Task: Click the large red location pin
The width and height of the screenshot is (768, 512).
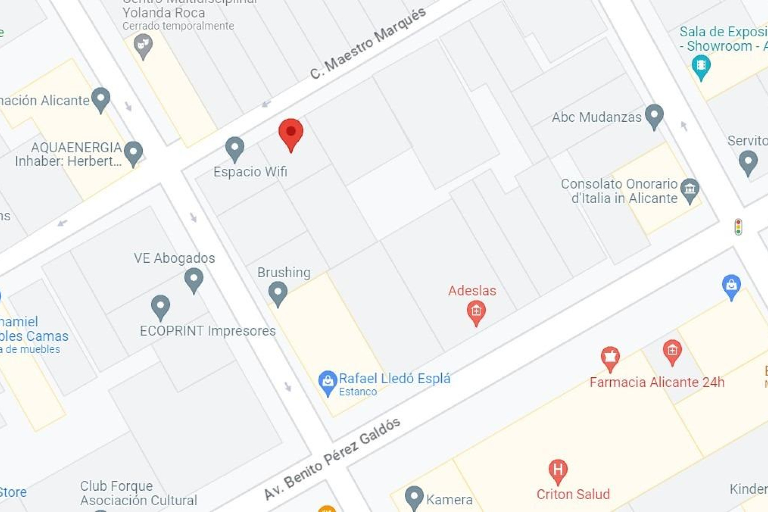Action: (x=291, y=133)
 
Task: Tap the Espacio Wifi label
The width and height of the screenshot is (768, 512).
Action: (x=250, y=172)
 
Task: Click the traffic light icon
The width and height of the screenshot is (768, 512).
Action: (x=738, y=227)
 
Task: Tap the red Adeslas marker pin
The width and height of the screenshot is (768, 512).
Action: (x=476, y=312)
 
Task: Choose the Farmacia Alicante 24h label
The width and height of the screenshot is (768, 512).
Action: (x=657, y=382)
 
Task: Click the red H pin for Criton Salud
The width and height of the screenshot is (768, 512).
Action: (x=558, y=470)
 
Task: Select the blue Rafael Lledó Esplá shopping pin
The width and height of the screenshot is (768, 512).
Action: (x=328, y=382)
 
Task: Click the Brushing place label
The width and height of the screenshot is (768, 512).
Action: (x=284, y=272)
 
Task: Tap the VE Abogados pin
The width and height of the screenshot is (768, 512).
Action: (x=194, y=279)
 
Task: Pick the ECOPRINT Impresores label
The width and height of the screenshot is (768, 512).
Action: (x=208, y=331)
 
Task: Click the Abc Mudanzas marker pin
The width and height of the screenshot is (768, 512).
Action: (x=654, y=116)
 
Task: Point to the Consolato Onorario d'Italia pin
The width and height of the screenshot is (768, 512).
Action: (x=690, y=189)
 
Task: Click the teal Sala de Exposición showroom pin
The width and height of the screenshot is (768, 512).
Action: (x=701, y=66)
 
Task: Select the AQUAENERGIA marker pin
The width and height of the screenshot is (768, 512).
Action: (x=133, y=152)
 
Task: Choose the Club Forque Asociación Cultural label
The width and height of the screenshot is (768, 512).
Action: (x=138, y=493)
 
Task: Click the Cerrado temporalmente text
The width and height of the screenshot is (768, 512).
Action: (x=178, y=26)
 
